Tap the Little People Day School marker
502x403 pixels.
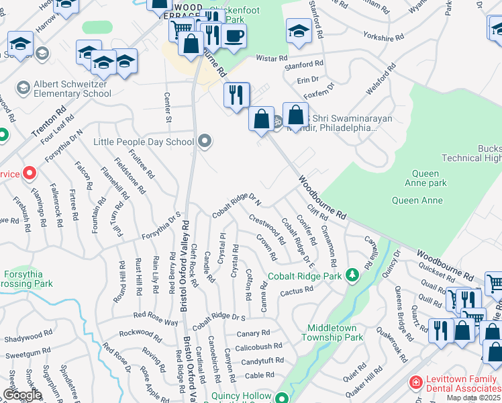click(x=205, y=141)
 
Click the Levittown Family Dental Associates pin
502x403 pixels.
click(x=416, y=383)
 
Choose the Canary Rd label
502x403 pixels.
click(x=252, y=333)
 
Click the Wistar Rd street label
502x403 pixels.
click(x=272, y=59)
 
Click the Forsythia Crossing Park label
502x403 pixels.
click(x=28, y=279)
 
